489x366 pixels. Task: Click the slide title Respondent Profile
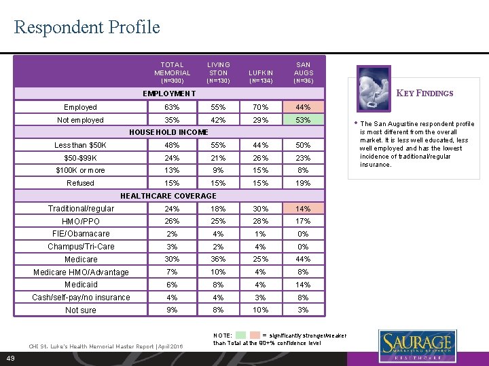click(87, 27)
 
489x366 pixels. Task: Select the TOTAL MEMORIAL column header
click(173, 69)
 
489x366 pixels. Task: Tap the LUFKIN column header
click(261, 73)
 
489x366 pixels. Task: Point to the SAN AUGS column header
click(303, 69)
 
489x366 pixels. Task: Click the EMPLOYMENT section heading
click(169, 94)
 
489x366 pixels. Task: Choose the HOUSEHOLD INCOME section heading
click(169, 132)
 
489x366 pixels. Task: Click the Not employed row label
click(80, 120)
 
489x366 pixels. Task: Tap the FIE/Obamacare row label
click(80, 234)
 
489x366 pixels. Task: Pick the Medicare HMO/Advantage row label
click(81, 272)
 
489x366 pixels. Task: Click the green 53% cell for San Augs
click(303, 120)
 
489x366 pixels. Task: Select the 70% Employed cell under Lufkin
click(261, 107)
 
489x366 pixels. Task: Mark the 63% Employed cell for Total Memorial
click(173, 107)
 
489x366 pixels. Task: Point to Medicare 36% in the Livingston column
click(219, 259)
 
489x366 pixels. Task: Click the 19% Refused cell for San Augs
click(303, 183)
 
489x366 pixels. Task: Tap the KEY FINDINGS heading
click(424, 94)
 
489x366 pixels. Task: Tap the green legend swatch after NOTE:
click(241, 335)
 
